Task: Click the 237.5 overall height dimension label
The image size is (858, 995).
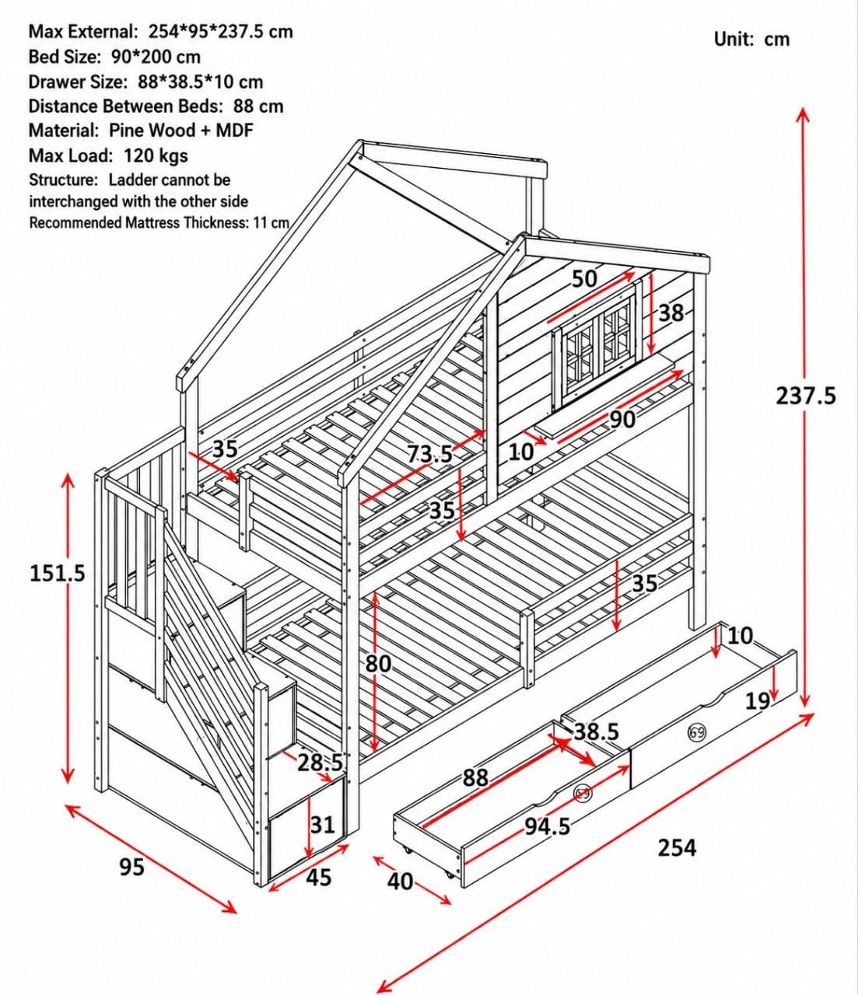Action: click(x=805, y=396)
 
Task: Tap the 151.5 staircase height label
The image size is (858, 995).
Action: click(x=58, y=573)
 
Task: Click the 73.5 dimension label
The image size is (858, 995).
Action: click(x=429, y=453)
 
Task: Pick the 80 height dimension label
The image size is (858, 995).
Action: click(x=378, y=665)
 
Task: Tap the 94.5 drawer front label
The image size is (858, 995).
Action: click(x=548, y=827)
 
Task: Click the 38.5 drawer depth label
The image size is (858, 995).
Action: click(x=597, y=732)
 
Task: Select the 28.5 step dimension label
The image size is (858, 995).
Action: click(x=320, y=763)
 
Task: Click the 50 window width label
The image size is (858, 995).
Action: click(x=584, y=279)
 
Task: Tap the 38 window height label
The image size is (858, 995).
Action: click(x=671, y=313)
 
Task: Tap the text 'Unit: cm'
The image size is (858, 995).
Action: click(x=752, y=40)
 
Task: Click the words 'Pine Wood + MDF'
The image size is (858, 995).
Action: click(x=180, y=130)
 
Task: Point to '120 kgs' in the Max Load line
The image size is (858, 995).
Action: click(x=156, y=155)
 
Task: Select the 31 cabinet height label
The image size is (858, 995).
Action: click(x=322, y=825)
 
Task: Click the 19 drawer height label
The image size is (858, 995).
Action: click(x=758, y=701)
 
